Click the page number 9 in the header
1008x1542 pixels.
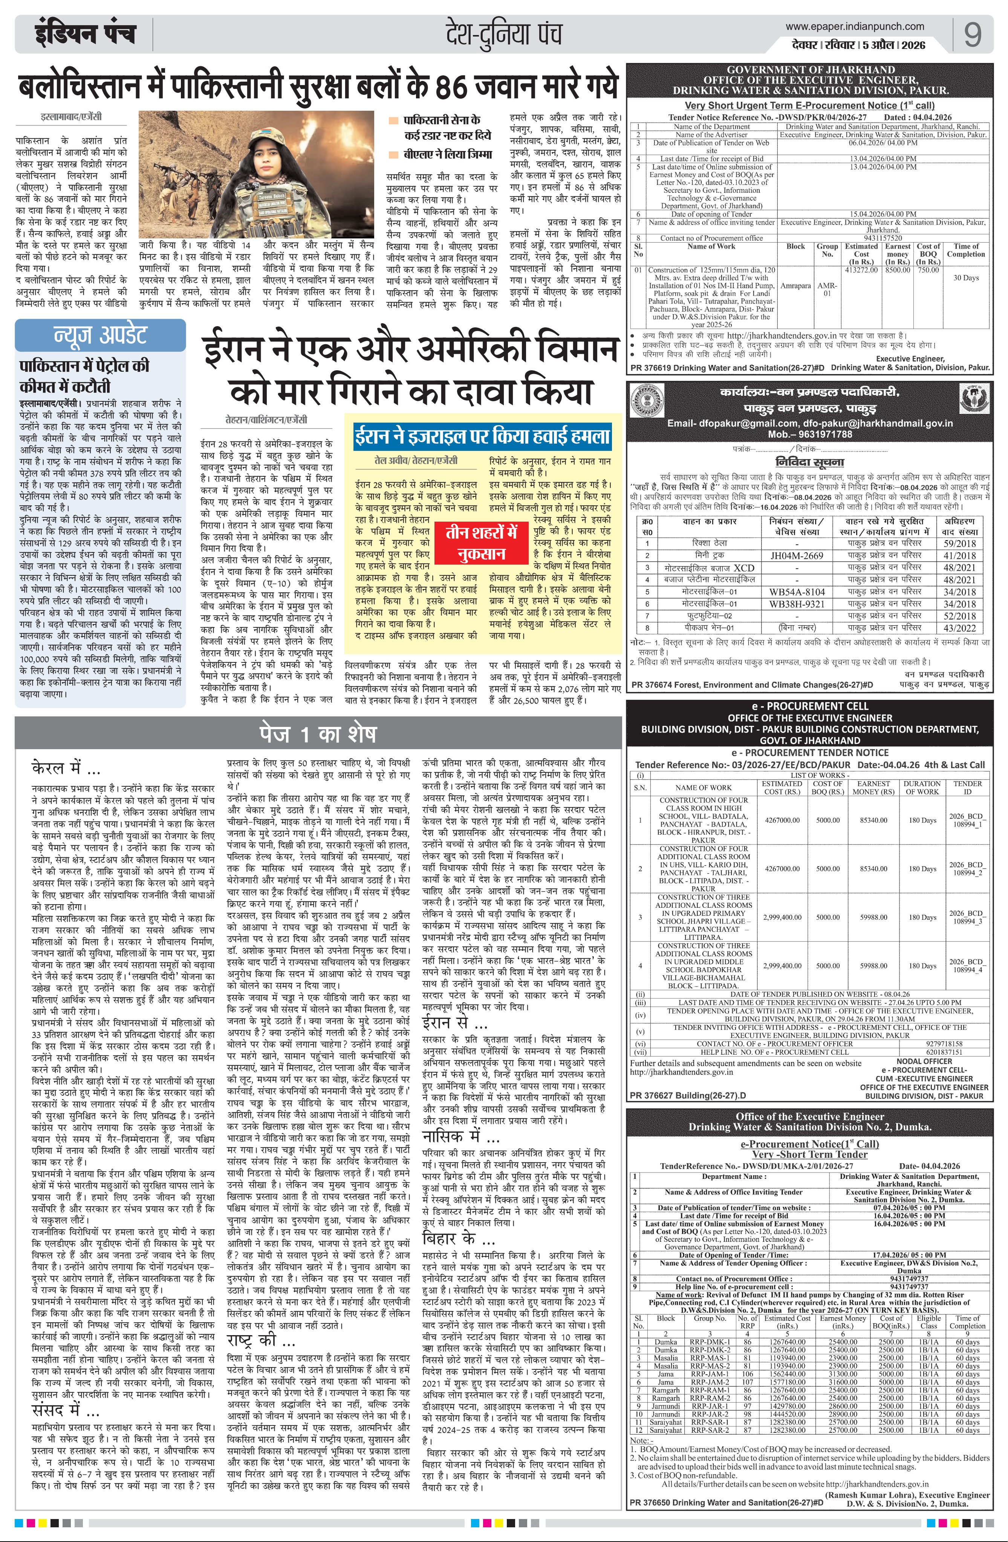point(972,34)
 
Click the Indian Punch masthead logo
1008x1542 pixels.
point(85,34)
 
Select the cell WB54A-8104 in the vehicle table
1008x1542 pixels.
point(797,592)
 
